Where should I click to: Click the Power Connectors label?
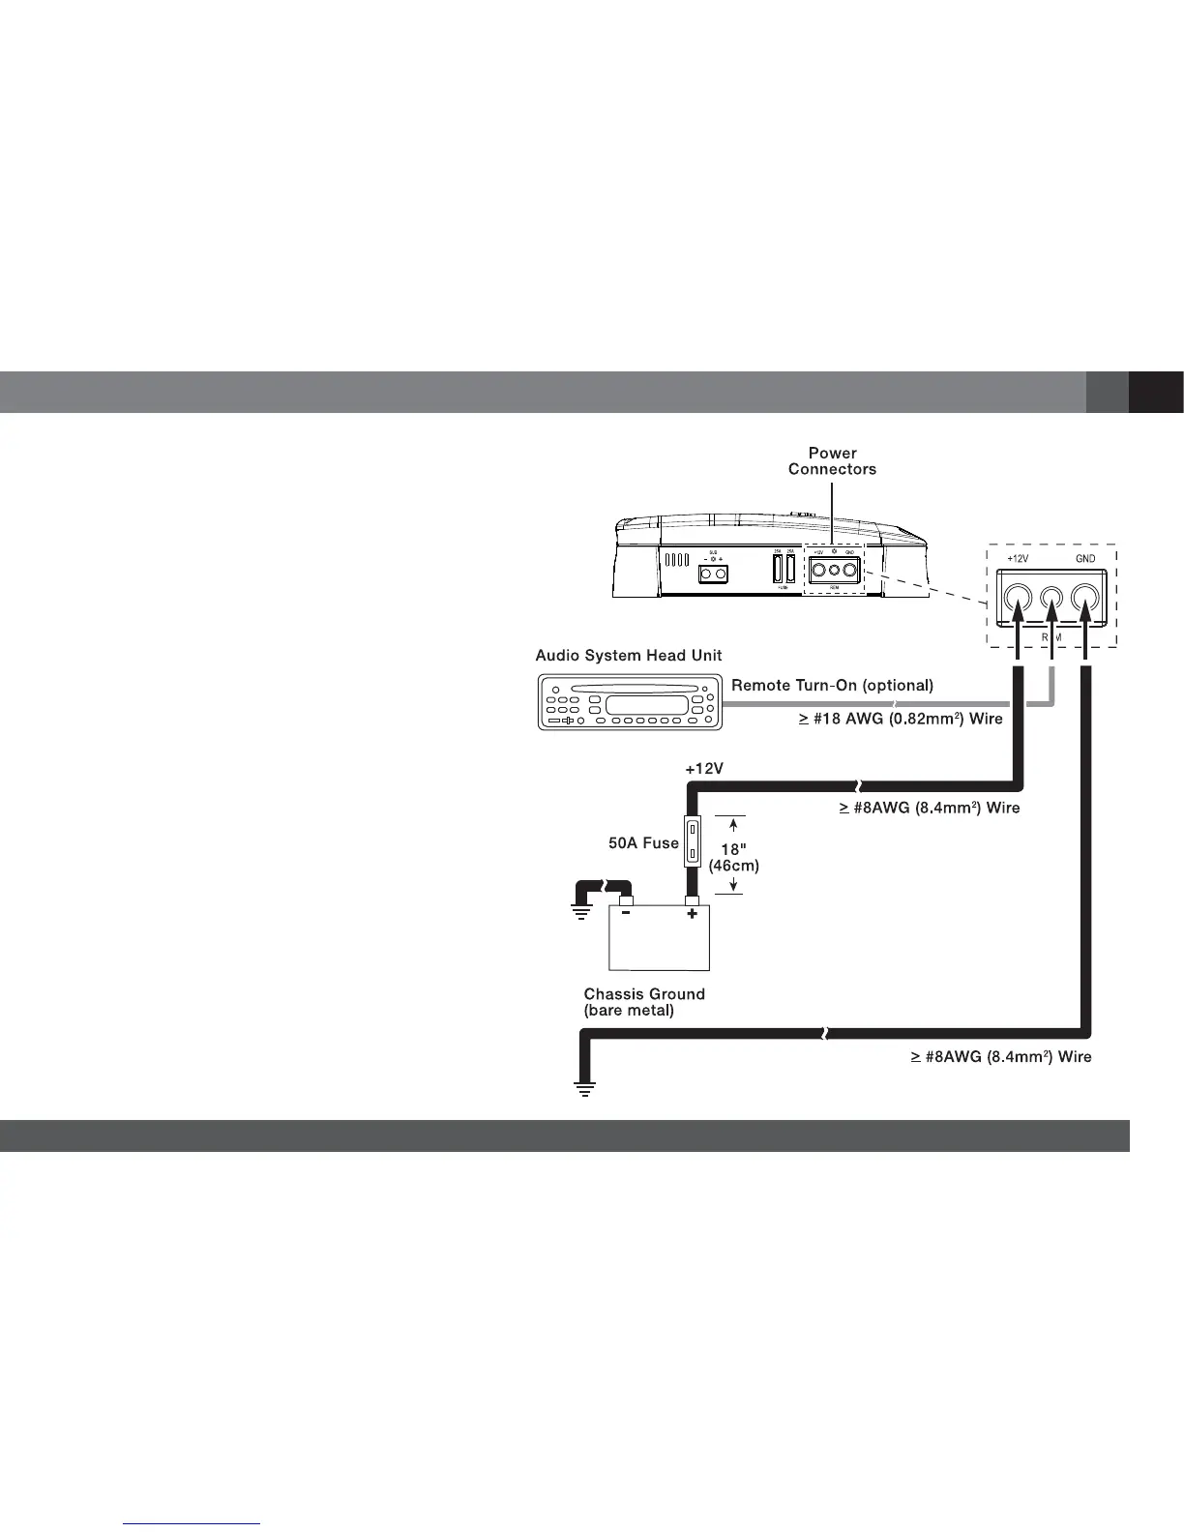coord(832,461)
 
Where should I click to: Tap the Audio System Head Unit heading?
coord(629,656)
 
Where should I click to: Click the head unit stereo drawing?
coord(630,701)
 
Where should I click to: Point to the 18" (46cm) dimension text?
coord(734,857)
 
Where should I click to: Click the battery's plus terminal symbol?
coord(692,914)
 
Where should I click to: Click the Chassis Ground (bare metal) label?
coord(644,1002)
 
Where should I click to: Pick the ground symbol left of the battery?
coord(580,912)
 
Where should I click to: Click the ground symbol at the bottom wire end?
coord(584,1089)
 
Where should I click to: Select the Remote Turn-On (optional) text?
coord(832,686)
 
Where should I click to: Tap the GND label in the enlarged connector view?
coord(1085,560)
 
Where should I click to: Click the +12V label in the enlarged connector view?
coord(1018,560)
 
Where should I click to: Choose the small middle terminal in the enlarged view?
coord(1052,602)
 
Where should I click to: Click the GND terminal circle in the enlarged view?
coord(1086,602)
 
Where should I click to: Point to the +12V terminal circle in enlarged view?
coord(1017,602)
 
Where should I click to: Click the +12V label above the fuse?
coord(704,769)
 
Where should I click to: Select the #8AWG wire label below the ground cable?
coord(1001,1057)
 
